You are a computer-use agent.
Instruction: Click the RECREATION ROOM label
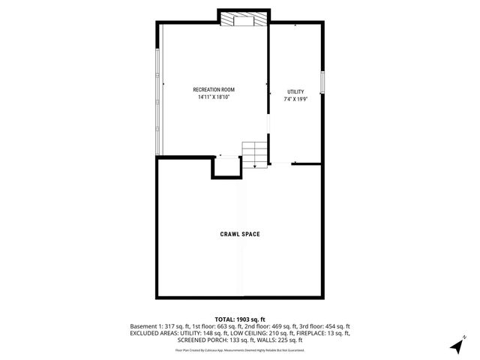coord(214,90)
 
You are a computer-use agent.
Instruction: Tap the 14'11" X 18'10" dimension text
coord(214,97)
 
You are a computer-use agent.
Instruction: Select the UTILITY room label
coord(296,91)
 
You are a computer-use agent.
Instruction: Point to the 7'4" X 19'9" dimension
coord(296,99)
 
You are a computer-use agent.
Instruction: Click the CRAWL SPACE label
coord(240,234)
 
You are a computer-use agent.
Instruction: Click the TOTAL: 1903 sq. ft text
coord(240,319)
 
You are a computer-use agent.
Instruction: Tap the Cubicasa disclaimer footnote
coord(240,349)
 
